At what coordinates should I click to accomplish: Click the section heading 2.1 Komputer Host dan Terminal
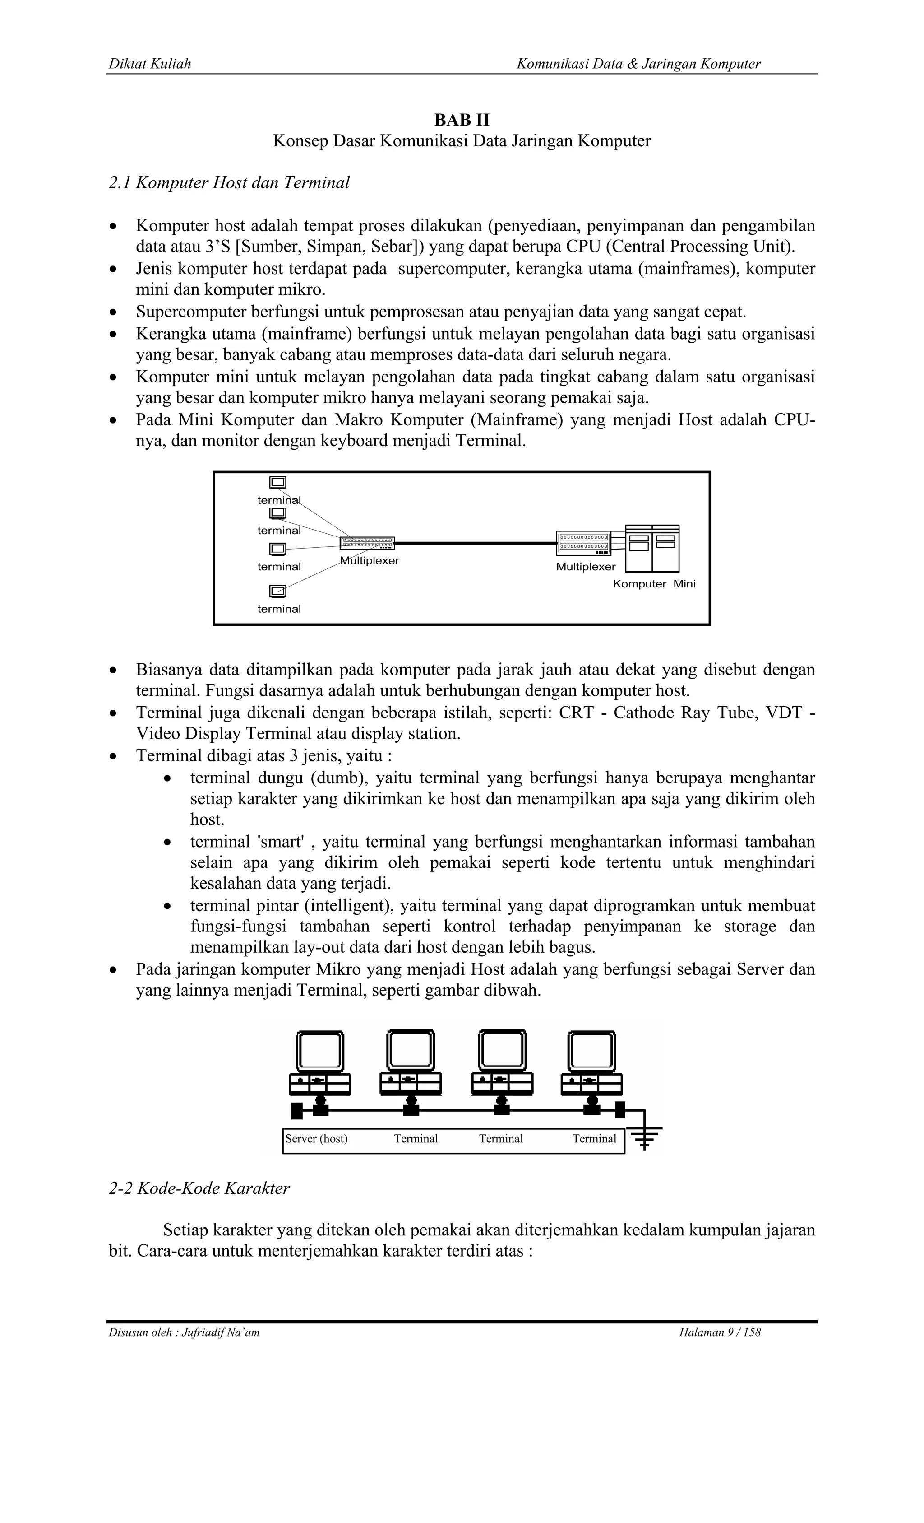[x=229, y=183]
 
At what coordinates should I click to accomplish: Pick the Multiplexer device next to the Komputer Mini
[x=583, y=543]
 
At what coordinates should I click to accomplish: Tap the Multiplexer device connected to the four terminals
[x=367, y=543]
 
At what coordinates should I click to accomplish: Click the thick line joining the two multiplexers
[x=476, y=543]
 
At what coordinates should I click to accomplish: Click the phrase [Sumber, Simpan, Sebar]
[x=330, y=247]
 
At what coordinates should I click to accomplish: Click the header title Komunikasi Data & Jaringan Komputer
[x=638, y=64]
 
